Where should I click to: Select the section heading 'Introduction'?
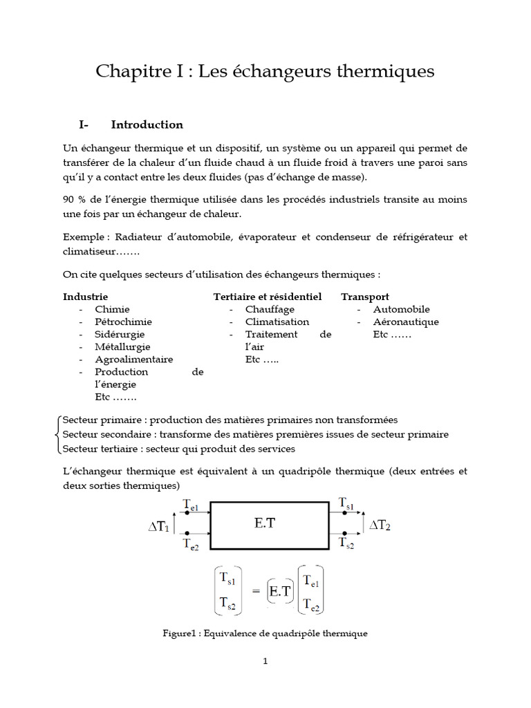147,125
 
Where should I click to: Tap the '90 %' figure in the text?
73,200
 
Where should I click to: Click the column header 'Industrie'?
86,297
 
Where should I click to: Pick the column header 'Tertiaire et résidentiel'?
268,297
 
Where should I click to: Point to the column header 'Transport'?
364,297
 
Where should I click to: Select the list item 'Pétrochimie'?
124,322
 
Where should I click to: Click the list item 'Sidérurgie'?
121,334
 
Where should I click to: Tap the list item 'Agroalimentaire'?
134,359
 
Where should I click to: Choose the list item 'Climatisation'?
277,322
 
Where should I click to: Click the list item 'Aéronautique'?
406,322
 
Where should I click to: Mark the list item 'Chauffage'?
270,309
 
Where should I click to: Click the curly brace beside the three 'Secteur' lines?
57,434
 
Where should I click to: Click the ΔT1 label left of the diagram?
158,527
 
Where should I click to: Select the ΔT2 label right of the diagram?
380,525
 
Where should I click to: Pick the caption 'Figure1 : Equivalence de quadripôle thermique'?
265,633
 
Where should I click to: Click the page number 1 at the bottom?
265,661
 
